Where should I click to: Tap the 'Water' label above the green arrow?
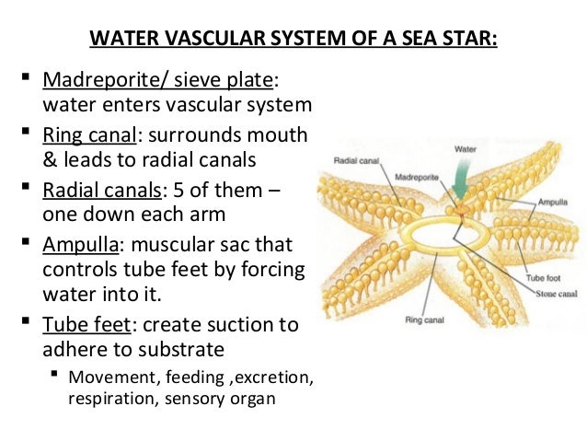click(x=466, y=147)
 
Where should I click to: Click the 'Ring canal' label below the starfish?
click(x=424, y=320)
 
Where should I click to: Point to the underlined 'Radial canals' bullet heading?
click(x=99, y=191)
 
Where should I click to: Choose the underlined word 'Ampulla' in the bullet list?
click(x=77, y=246)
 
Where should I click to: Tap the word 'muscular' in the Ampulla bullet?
click(x=166, y=246)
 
